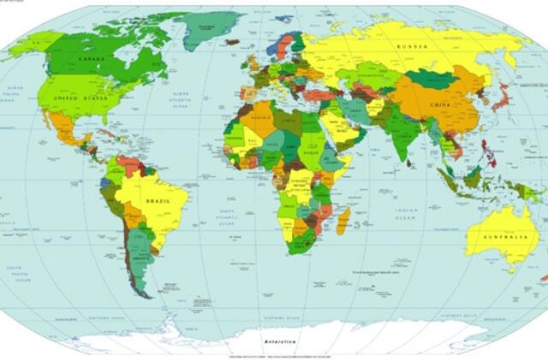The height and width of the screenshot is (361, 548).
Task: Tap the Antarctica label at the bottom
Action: pos(280,340)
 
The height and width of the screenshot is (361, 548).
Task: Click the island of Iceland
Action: pos(232,41)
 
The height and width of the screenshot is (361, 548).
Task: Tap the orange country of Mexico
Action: pos(68,129)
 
